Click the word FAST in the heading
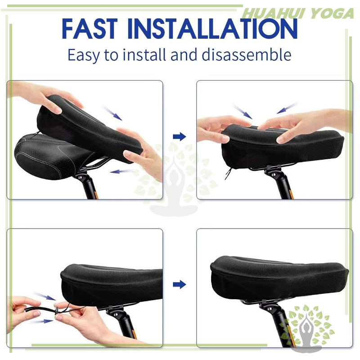coord(90,29)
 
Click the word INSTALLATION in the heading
coord(212,29)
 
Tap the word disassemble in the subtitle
coord(247,55)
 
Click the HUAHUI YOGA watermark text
coord(298,13)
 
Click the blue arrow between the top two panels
coord(180,137)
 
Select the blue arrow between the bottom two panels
coord(180,284)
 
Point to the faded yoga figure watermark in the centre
coord(175,181)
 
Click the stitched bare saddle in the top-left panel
coord(50,156)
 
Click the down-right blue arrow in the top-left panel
coord(112,113)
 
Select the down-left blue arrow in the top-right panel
coord(288,108)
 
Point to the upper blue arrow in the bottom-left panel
coord(45,296)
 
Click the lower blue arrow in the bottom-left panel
coord(42,321)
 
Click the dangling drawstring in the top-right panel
coord(228,174)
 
